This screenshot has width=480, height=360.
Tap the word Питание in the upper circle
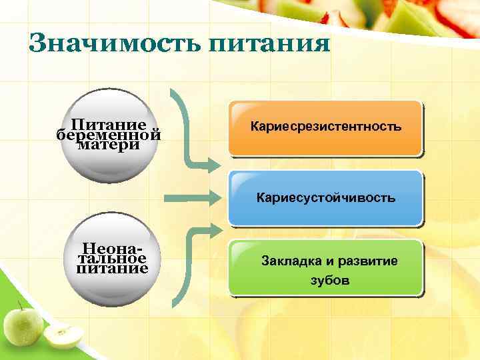click(109, 124)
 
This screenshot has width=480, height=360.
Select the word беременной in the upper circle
click(109, 135)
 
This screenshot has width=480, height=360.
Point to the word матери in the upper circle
click(109, 145)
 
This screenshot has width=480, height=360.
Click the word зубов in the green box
click(329, 280)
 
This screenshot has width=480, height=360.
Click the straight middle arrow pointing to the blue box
click(189, 197)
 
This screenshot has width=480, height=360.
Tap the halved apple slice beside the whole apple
click(63, 337)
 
